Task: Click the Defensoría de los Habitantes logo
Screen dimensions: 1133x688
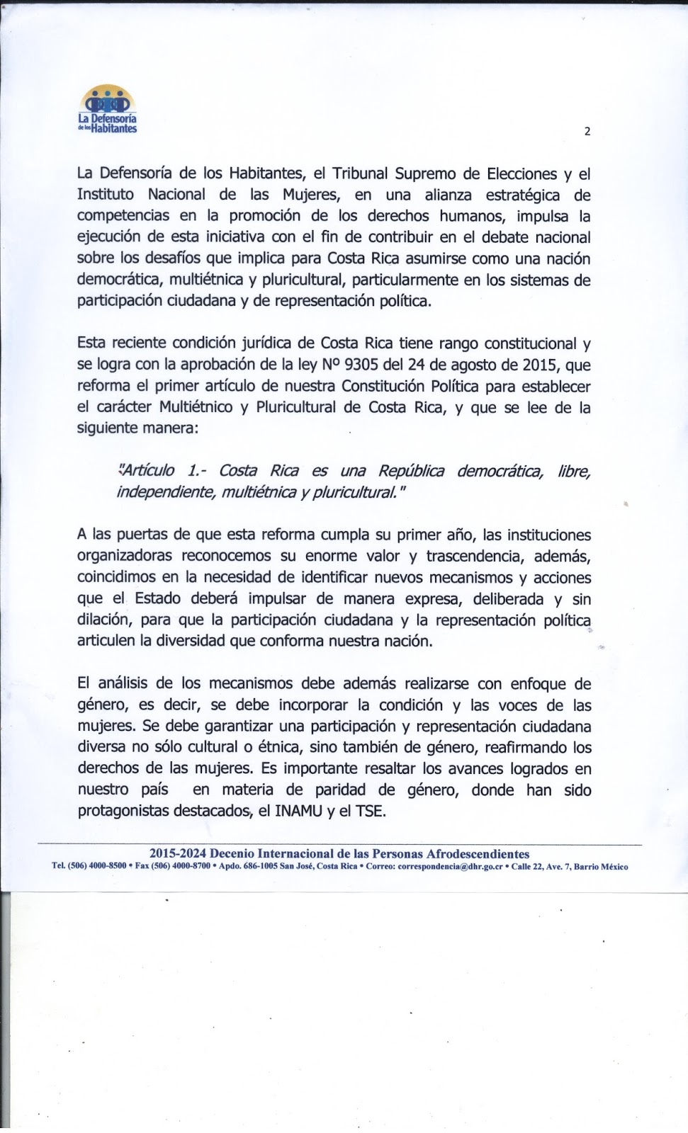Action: pos(108,110)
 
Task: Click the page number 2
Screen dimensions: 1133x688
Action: pos(587,131)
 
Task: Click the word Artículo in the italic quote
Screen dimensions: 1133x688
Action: pos(147,471)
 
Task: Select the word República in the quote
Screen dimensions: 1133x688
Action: pos(412,471)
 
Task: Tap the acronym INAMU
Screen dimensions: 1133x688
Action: pos(298,811)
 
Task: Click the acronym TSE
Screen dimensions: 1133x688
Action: pos(371,811)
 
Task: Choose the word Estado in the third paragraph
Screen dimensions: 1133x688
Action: pos(158,599)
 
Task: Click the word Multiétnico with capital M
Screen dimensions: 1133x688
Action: pos(196,407)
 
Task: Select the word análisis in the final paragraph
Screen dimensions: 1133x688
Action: pos(122,684)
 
